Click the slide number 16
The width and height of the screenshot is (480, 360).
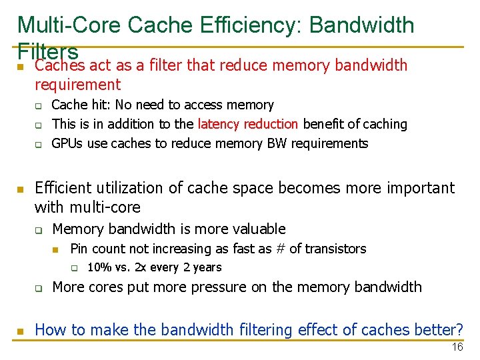tap(457, 347)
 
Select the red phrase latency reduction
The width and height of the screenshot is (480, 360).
tap(248, 124)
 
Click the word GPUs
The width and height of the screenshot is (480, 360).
tap(66, 143)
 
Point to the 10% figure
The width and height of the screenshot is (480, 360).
tap(99, 267)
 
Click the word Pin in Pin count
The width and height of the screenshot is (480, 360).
tap(79, 249)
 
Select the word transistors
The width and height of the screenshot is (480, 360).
tap(335, 249)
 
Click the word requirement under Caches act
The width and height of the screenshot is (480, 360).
tap(78, 85)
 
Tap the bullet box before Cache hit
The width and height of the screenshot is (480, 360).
tap(39, 106)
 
